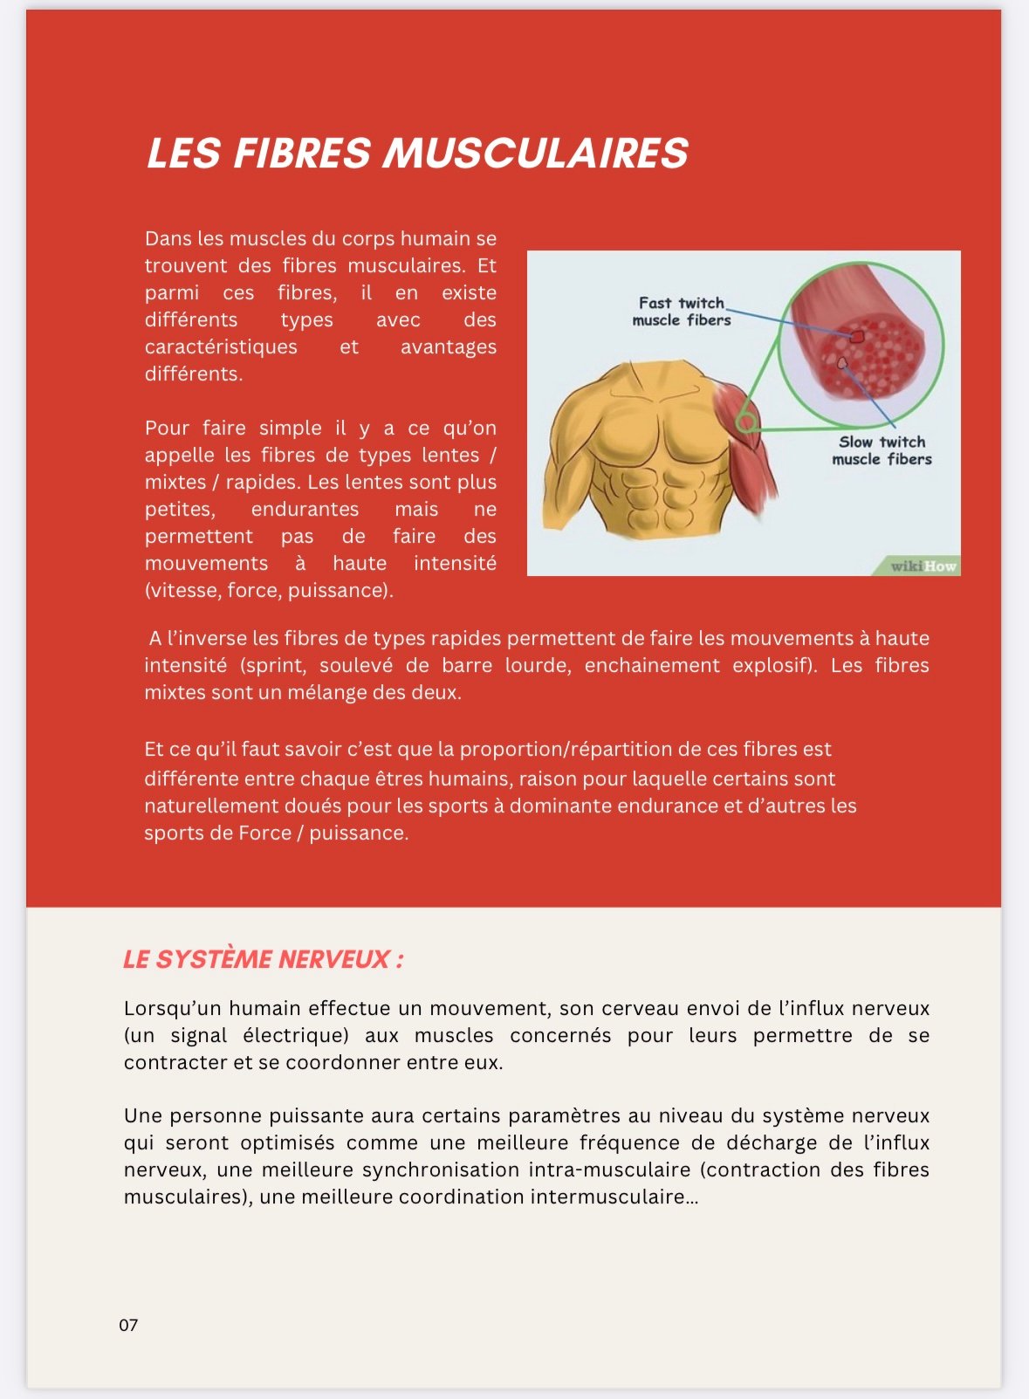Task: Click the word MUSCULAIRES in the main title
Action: pos(536,154)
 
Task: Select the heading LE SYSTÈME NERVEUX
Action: pos(263,959)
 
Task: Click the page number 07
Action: pos(128,1325)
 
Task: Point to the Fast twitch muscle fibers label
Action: pos(682,312)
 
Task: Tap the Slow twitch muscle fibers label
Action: pos(882,450)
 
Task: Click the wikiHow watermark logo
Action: pos(923,566)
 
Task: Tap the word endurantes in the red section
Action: pos(305,509)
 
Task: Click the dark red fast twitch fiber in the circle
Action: pos(857,336)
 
